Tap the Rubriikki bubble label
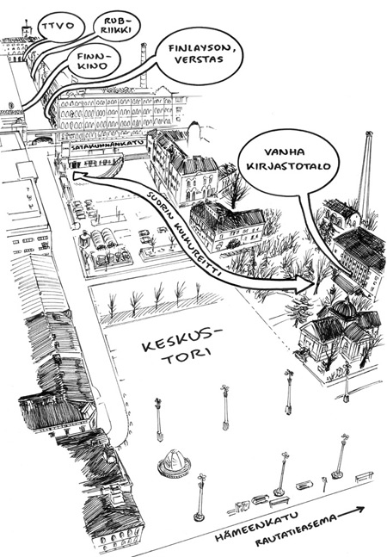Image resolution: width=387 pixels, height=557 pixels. coord(116,26)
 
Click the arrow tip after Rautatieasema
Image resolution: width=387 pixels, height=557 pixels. coord(365,508)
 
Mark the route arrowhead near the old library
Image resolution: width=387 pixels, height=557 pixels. coord(306,283)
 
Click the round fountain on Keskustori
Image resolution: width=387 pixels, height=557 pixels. coord(175,462)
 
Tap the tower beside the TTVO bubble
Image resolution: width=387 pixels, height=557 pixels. coord(27,30)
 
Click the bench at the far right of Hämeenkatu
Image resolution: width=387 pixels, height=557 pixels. coord(365,477)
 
